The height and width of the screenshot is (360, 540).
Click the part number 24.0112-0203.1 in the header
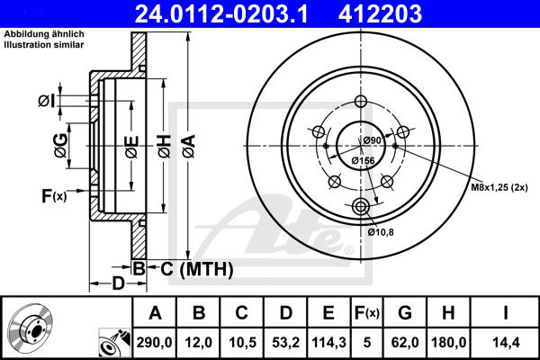[x=221, y=13]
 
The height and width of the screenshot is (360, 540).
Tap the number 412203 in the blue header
[x=380, y=13]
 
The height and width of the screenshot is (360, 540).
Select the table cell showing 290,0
[x=154, y=342]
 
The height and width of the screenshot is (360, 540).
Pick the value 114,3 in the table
[x=328, y=342]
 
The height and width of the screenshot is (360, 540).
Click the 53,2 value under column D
[x=285, y=342]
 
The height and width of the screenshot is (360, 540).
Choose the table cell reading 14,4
[x=505, y=342]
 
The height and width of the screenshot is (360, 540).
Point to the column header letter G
[x=405, y=313]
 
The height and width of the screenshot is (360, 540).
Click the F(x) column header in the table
[x=367, y=313]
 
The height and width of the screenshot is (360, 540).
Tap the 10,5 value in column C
[x=242, y=342]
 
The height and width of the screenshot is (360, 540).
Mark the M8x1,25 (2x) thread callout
[x=499, y=187]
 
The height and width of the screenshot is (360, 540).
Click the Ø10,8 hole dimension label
[x=381, y=232]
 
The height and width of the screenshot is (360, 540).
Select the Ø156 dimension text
[x=363, y=160]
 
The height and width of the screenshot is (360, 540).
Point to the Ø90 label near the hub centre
[x=373, y=140]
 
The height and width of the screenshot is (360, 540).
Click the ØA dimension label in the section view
[x=189, y=147]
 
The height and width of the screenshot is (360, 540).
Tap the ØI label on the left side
[x=47, y=102]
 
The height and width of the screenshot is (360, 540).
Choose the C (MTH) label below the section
[x=196, y=269]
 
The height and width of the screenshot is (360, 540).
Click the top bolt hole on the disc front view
[x=361, y=102]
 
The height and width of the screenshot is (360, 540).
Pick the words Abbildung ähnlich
[x=44, y=34]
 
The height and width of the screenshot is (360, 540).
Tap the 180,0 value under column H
[x=448, y=342]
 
